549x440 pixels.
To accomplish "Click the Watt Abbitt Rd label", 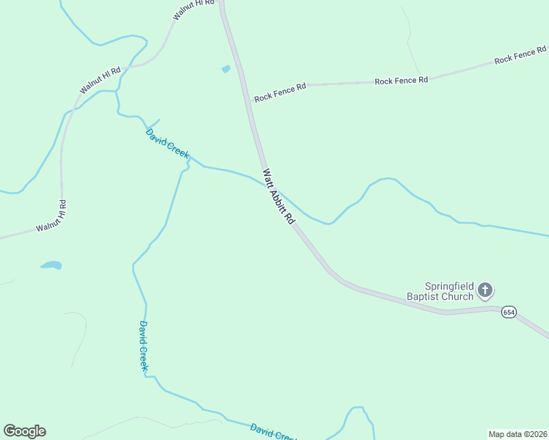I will pos(279,197).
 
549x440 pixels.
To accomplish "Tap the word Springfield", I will pos(448,286).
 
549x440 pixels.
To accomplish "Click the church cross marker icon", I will pos(484,291).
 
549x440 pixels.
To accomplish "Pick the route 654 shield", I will pos(509,312).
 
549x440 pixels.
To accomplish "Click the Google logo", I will pos(24,431).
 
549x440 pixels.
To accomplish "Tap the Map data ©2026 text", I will pos(517,433).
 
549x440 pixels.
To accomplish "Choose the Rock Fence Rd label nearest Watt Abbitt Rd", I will pos(280,93).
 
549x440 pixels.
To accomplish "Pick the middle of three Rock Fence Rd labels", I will pos(401,80).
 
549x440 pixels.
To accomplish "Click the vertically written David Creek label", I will pos(145,345).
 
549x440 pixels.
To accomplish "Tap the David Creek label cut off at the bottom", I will pos(273,432).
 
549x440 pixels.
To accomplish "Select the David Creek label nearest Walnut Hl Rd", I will pos(167,144).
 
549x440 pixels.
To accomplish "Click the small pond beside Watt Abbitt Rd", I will pos(226,69).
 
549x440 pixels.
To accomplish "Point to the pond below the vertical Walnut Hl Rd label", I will pos(51,265).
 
